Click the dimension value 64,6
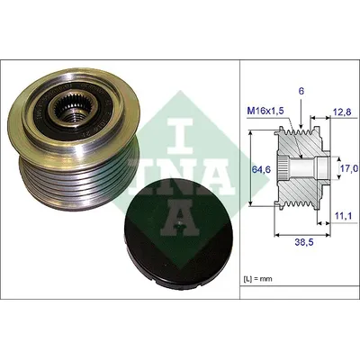click(x=261, y=169)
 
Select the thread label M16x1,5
click(x=265, y=112)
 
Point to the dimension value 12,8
click(x=342, y=112)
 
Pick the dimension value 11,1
click(x=342, y=215)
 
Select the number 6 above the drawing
click(x=301, y=92)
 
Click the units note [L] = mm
click(x=257, y=279)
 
